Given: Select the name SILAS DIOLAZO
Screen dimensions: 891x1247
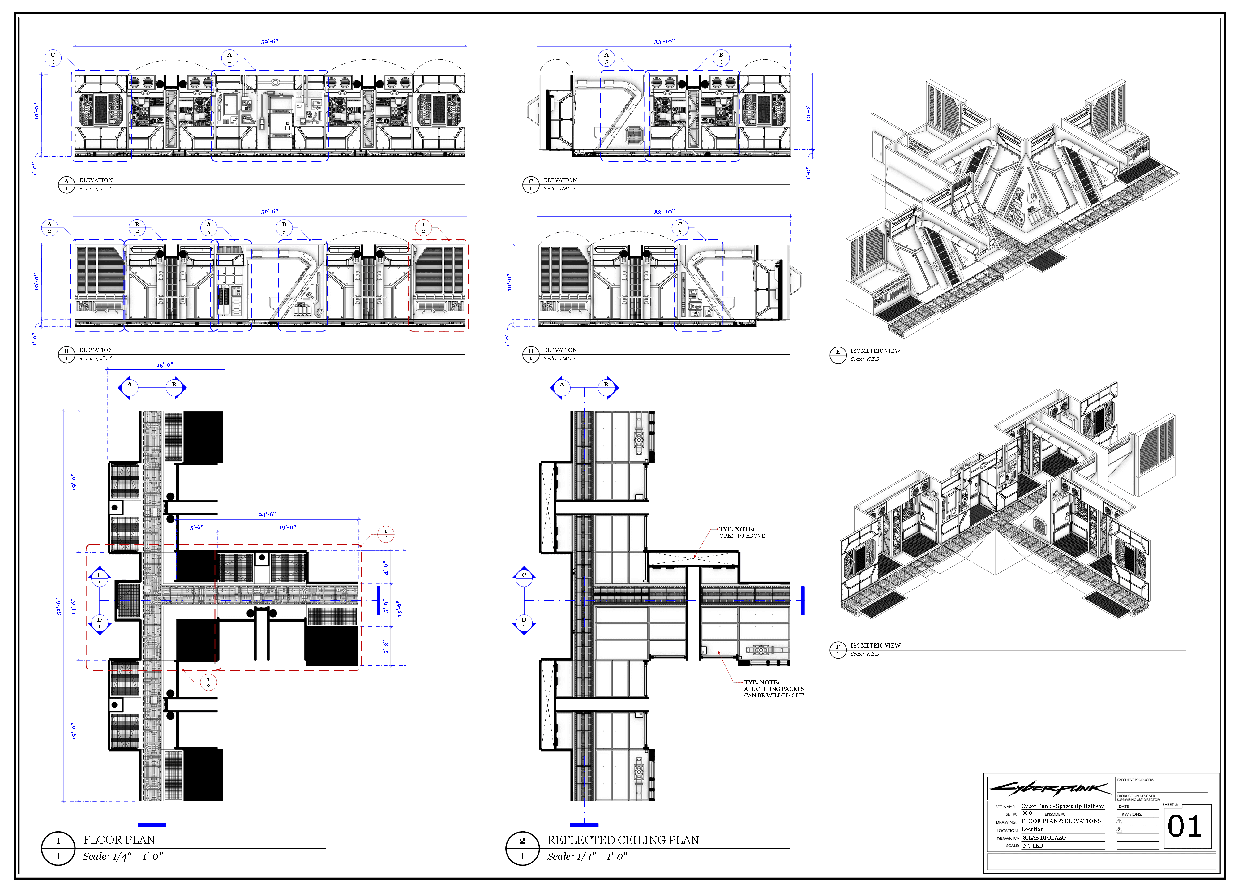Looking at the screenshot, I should (x=1044, y=838).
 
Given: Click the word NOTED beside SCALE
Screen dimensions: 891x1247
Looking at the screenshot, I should (x=1033, y=846).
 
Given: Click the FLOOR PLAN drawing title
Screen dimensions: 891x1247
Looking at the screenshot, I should (x=119, y=840).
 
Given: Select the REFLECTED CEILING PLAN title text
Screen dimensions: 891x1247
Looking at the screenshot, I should (x=623, y=840).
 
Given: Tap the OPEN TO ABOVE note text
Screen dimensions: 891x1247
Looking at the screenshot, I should (x=742, y=536).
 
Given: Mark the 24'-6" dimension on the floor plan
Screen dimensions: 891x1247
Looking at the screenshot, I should (x=267, y=514).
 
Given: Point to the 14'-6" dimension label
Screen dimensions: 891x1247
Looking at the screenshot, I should (x=74, y=606).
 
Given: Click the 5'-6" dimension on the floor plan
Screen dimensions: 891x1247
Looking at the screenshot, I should (x=196, y=527).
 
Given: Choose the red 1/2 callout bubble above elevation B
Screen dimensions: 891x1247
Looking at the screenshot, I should (x=423, y=228).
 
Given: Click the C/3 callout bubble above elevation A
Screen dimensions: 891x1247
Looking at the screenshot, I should (x=53, y=58).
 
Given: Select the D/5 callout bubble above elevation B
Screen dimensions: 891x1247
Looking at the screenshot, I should (x=284, y=228).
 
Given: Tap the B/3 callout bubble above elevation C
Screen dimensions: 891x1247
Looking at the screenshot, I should (x=721, y=58).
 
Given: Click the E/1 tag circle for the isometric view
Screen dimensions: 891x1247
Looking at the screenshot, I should (x=838, y=355).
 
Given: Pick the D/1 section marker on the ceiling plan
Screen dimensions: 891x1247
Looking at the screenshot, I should (x=524, y=623).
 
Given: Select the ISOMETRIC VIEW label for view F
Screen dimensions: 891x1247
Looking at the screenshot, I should (x=875, y=646).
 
